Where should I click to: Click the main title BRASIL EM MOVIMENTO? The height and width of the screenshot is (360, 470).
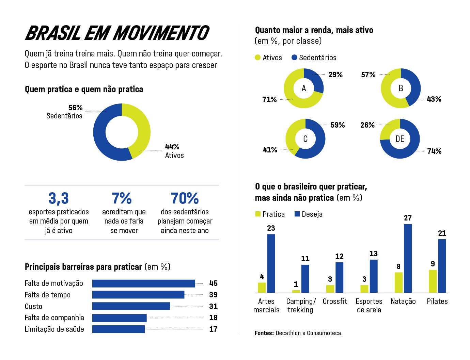tap(117, 33)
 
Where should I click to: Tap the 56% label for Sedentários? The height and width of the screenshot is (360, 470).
tap(75, 108)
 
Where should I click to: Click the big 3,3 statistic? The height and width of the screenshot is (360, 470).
tap(59, 198)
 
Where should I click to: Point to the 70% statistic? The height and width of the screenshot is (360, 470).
tap(185, 198)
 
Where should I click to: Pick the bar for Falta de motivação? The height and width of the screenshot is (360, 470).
tap(143, 283)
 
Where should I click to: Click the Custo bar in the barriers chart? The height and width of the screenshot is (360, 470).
tap(131, 306)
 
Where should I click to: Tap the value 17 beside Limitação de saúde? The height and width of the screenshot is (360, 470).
tap(213, 329)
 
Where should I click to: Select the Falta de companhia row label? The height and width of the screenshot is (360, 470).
tap(54, 318)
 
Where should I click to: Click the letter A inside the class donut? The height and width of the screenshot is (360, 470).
tap(304, 88)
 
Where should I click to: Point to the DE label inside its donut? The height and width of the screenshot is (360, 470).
tap(400, 139)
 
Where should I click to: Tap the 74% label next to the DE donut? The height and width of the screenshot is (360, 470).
tap(434, 151)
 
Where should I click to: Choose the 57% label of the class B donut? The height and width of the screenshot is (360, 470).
tap(368, 75)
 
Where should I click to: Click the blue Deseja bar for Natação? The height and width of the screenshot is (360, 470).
tap(408, 258)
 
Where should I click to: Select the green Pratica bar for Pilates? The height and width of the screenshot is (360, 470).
tap(433, 281)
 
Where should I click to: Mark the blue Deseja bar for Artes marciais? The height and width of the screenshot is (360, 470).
tap(271, 263)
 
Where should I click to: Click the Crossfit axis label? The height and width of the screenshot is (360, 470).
tap(335, 301)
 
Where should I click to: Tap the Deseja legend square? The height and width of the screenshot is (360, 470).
tap(297, 214)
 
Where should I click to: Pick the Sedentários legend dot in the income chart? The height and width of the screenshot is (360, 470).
tap(295, 58)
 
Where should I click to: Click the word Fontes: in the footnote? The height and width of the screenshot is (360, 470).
tap(264, 333)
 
